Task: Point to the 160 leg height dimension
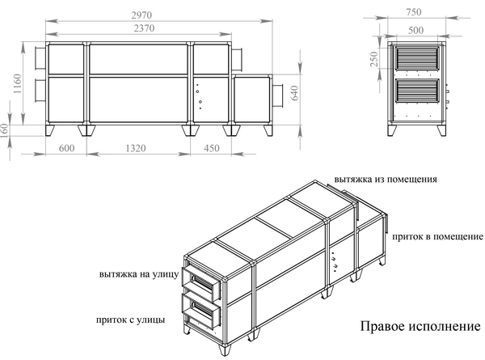point(7,130)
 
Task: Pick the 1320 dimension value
point(137,148)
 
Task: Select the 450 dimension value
point(210,148)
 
